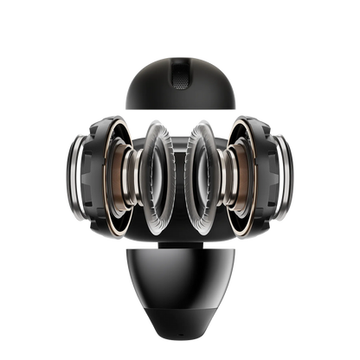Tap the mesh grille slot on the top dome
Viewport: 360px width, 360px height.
click(179, 75)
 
